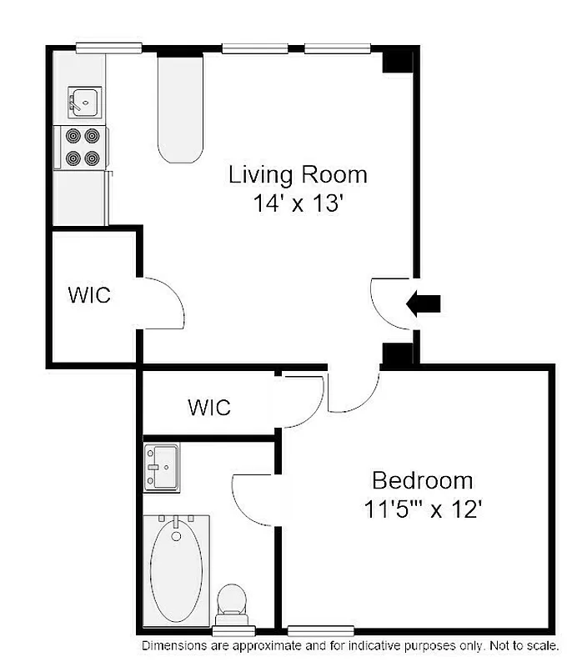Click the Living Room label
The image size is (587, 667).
click(x=298, y=175)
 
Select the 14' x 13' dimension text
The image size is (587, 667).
click(x=298, y=203)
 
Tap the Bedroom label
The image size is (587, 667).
click(x=422, y=481)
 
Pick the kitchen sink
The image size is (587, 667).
click(x=83, y=103)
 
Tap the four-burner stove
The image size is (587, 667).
click(x=82, y=146)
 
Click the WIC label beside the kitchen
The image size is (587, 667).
click(x=89, y=296)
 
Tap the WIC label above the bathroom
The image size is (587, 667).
click(x=209, y=408)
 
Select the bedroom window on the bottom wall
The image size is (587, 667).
click(x=320, y=630)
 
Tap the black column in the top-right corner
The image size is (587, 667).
click(x=397, y=61)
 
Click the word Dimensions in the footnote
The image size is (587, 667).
click(x=171, y=646)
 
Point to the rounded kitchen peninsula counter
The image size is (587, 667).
click(x=179, y=108)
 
